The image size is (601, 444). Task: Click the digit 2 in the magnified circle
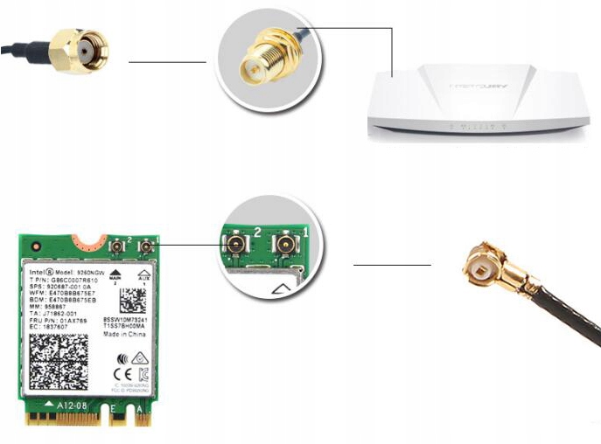(x=258, y=230)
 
